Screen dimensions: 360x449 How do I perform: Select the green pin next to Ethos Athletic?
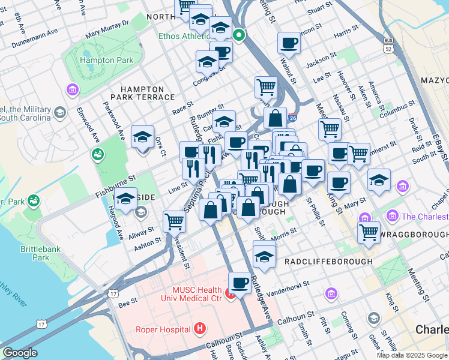239,35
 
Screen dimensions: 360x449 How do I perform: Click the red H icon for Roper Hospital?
200,328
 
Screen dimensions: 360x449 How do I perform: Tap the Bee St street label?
128,305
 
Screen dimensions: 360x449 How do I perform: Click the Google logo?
20,353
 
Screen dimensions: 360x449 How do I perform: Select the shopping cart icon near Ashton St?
174,221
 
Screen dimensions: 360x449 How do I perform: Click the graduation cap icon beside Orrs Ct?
143,137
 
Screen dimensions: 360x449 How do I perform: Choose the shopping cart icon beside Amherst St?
358,153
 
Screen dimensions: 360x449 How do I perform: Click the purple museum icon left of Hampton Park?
73,90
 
